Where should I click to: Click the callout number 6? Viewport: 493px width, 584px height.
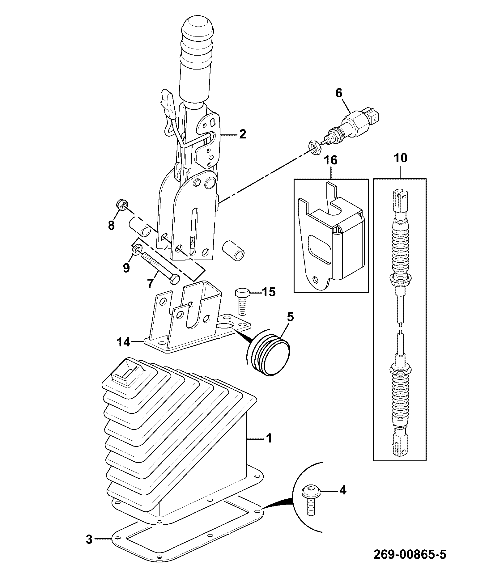(339, 93)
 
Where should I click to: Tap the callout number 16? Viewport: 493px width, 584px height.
(331, 160)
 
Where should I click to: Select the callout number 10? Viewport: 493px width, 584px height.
(401, 158)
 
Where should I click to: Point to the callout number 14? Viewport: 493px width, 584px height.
(123, 342)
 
